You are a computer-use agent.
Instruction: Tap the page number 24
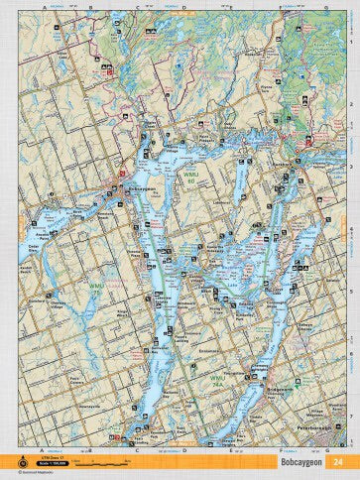point(339,461)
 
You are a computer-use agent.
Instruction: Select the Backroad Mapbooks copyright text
point(27,473)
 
